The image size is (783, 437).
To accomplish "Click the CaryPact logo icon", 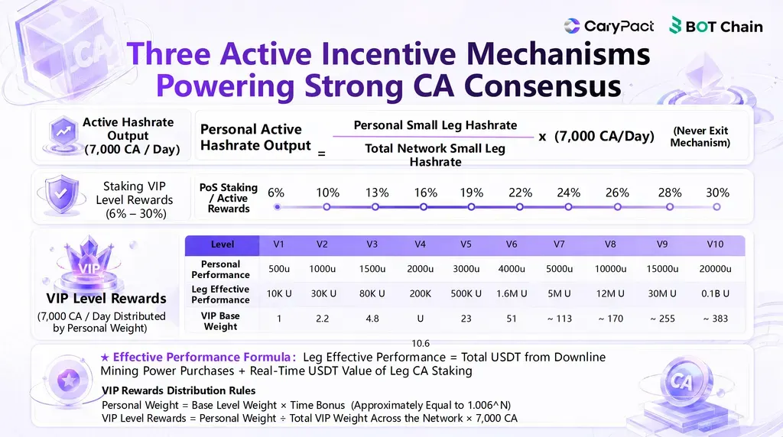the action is click(x=572, y=26).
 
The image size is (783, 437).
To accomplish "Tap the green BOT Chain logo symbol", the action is click(x=675, y=25).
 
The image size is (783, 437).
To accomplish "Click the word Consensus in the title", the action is click(x=543, y=86).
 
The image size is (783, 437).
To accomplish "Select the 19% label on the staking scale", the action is click(x=471, y=193).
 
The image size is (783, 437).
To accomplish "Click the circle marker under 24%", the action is click(x=568, y=206).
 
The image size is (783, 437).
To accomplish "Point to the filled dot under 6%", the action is click(x=277, y=206).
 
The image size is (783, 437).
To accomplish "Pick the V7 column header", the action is click(x=559, y=244).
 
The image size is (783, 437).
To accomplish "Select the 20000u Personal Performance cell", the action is click(x=715, y=269).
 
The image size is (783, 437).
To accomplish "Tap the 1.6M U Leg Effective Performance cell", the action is click(x=512, y=294).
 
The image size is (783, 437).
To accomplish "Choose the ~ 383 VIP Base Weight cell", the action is click(x=715, y=319).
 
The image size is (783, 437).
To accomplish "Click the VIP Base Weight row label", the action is click(x=220, y=322).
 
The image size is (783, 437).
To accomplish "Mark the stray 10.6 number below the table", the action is click(x=421, y=343).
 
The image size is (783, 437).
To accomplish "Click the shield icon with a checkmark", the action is click(x=61, y=195).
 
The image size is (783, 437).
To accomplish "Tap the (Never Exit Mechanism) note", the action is click(x=700, y=137).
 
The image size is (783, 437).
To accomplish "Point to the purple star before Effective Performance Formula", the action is click(x=105, y=358).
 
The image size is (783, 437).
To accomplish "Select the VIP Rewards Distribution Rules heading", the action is click(x=179, y=390).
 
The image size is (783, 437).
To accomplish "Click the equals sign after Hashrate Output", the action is click(x=322, y=153).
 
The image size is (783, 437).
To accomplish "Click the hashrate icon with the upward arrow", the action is click(x=63, y=133).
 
